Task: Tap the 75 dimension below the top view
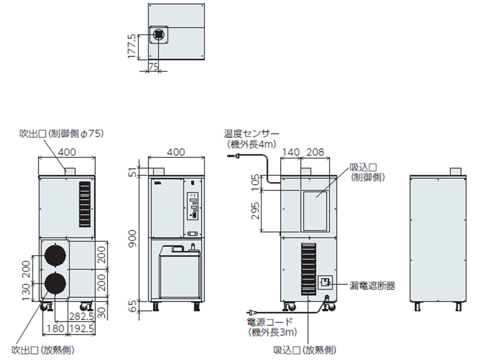pyautogui.click(x=153, y=66)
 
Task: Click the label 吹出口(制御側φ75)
pyautogui.click(x=61, y=134)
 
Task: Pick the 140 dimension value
pyautogui.click(x=290, y=152)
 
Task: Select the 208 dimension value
pyautogui.click(x=316, y=152)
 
